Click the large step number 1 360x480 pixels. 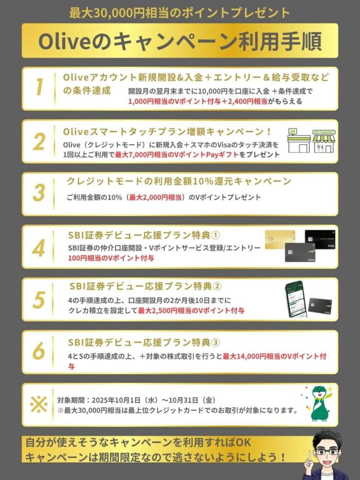39,87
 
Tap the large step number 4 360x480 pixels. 39,248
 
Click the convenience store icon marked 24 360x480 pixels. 299,141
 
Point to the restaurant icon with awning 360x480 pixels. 324,141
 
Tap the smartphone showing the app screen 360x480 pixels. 296,299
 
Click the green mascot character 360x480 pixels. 319,403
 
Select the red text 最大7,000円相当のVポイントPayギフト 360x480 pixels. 177,155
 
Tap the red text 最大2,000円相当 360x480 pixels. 156,197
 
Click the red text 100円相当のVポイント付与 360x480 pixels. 111,258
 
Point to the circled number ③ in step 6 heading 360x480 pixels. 216,342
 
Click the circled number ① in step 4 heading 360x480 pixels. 216,235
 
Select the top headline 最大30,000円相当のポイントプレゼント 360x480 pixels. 180,13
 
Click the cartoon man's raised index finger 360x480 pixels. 310,457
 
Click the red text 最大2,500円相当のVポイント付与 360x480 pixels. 191,311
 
